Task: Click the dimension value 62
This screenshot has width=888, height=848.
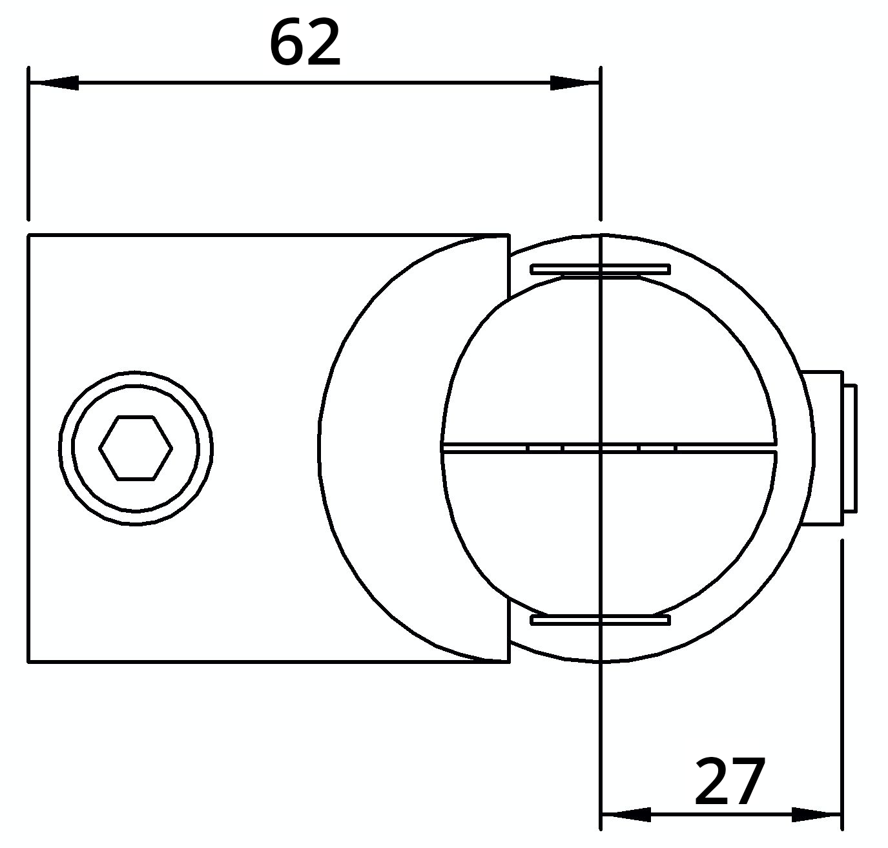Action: click(304, 44)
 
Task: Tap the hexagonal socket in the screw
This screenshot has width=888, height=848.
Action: click(136, 448)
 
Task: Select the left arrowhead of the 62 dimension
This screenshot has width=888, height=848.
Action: click(54, 83)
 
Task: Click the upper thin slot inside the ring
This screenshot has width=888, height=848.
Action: click(600, 269)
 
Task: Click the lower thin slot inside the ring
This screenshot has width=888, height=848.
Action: click(600, 621)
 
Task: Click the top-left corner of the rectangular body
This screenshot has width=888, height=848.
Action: click(29, 236)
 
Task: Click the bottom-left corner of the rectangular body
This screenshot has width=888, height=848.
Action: click(29, 661)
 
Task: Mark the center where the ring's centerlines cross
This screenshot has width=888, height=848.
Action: click(601, 448)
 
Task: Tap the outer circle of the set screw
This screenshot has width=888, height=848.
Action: click(136, 373)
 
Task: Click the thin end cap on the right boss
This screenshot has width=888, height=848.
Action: click(851, 448)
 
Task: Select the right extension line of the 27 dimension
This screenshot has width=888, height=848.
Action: click(842, 678)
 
